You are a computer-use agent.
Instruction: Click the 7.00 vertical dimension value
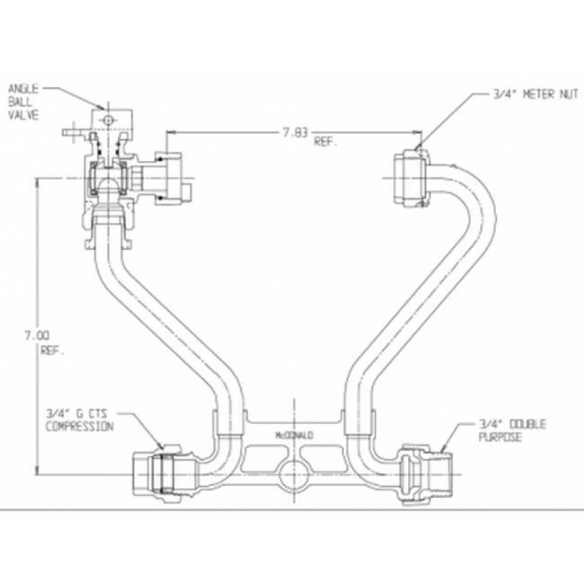coord(36,335)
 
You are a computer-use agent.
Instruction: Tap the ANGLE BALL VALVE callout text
coord(23,102)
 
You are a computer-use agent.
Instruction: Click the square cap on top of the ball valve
coord(108,121)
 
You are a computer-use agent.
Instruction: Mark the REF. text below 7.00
coord(52,352)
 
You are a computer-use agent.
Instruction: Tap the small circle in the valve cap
coord(108,121)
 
